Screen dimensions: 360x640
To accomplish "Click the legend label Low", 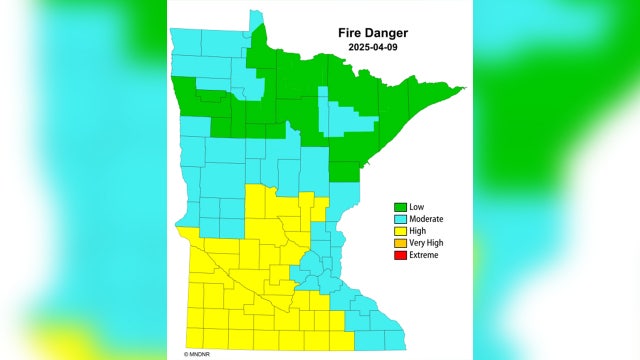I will pos(417,207).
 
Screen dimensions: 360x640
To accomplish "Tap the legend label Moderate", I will pos(427,219).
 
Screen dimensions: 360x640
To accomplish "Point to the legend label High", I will pos(418,231).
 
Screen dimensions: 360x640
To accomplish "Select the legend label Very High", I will pos(427,243).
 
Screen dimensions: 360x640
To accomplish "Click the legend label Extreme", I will pos(424,255).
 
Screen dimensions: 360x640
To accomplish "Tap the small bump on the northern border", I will pos(256,16).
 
